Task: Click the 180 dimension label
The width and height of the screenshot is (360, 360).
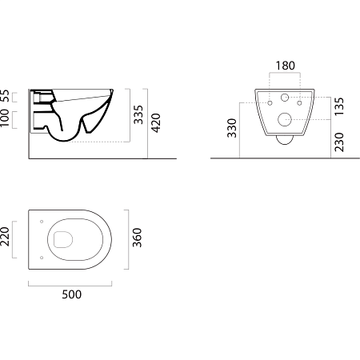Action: (285, 66)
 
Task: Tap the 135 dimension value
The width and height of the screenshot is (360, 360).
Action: (339, 106)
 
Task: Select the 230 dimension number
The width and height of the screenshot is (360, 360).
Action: (339, 142)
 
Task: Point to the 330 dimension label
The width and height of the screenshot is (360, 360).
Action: (232, 128)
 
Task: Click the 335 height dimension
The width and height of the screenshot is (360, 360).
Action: (138, 114)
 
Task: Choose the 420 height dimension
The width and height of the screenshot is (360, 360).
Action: (156, 123)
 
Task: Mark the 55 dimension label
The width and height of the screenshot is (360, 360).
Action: (5, 96)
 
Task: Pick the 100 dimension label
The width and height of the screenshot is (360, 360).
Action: (5, 118)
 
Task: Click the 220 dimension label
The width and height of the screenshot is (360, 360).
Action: (5, 237)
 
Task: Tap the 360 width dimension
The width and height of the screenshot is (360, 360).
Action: (137, 238)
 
